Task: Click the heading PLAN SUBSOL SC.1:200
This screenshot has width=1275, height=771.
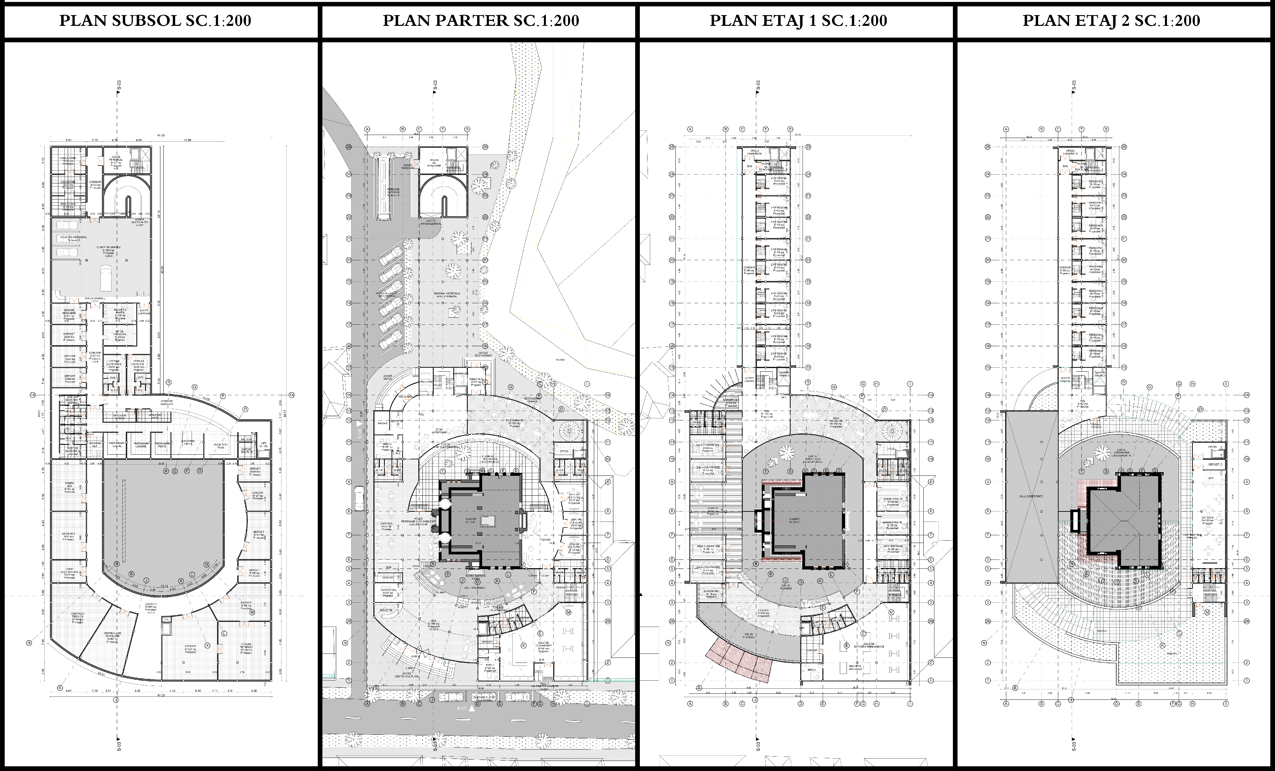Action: point(155,21)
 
